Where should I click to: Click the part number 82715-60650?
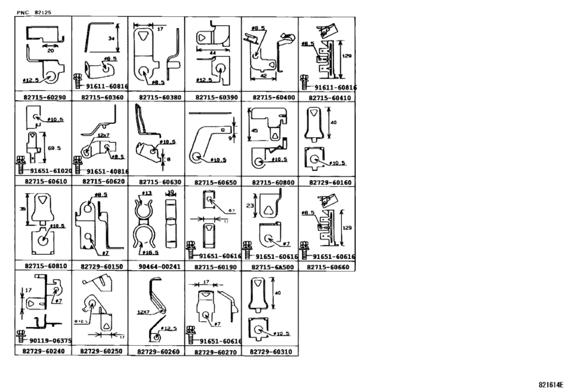[213, 181]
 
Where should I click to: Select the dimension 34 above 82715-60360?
[111, 39]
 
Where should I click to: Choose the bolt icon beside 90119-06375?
[20, 340]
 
